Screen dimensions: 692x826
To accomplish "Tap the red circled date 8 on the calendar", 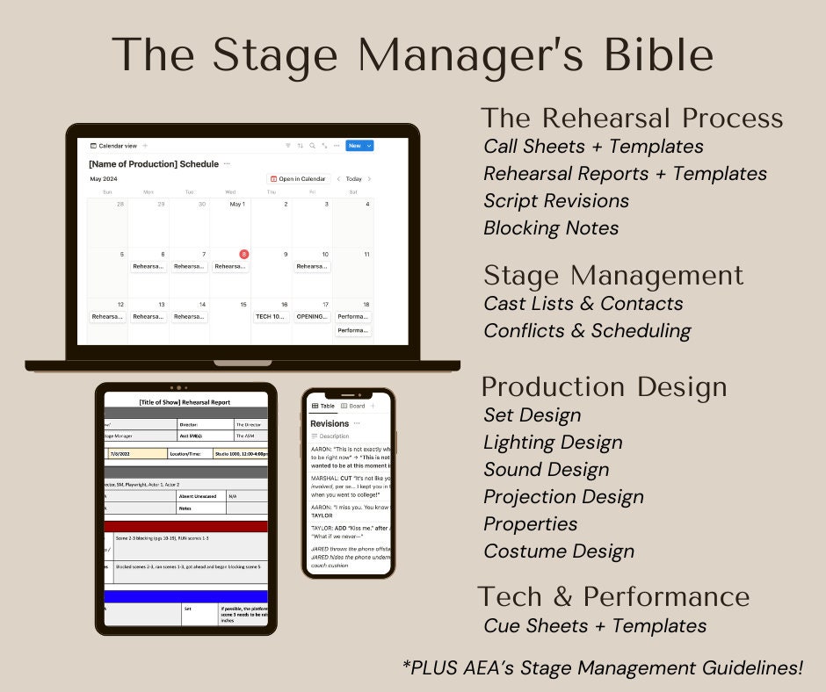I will pos(243,254).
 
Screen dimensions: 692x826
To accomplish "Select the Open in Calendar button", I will pos(299,179).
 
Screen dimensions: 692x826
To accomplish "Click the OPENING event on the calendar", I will pos(313,316).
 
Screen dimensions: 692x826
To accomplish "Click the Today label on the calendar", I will pos(353,179).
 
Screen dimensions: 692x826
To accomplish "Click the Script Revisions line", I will pos(556,200).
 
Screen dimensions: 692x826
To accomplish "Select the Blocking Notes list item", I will pos(551,227).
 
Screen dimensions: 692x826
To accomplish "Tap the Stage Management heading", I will pos(613,276).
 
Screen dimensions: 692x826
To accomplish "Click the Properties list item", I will pos(531,523).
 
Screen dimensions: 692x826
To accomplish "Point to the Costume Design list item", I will pos(559,551).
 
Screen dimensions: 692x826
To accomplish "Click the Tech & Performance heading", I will pos(613,596).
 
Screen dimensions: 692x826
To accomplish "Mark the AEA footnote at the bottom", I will pos(603,667).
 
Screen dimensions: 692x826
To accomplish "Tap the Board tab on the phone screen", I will pos(354,406).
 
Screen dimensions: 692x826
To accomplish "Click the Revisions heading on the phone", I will pos(330,423).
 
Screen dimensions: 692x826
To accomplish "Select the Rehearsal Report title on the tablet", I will pos(185,402).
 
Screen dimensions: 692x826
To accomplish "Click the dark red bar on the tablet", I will pos(185,526).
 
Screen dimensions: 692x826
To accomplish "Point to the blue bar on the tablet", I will pos(185,596).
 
